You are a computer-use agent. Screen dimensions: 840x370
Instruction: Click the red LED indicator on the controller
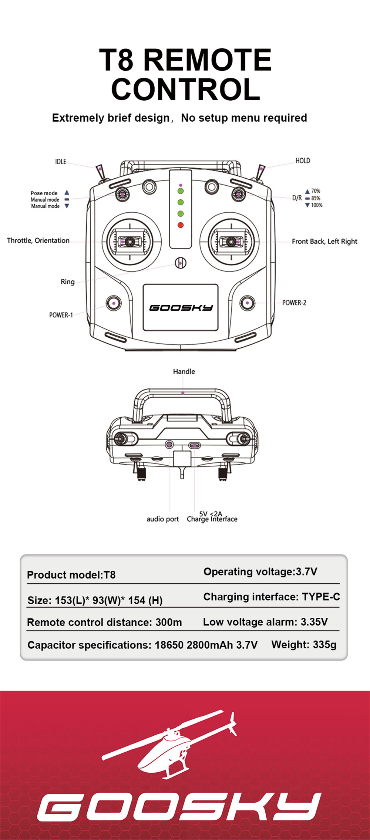pyautogui.click(x=181, y=225)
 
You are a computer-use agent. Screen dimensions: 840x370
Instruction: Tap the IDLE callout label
pyautogui.click(x=61, y=162)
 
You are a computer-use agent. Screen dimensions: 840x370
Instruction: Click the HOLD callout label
pyautogui.click(x=303, y=161)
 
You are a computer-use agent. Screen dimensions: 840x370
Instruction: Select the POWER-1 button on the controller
pyautogui.click(x=114, y=303)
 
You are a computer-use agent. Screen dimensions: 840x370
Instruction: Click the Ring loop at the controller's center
pyautogui.click(x=181, y=263)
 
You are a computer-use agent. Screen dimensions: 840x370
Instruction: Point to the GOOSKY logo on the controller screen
pyautogui.click(x=181, y=307)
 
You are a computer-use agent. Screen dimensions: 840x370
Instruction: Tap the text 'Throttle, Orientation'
pyautogui.click(x=38, y=240)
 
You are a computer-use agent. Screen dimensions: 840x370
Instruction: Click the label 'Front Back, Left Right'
pyautogui.click(x=324, y=242)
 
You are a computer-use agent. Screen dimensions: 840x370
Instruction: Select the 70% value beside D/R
pyautogui.click(x=315, y=191)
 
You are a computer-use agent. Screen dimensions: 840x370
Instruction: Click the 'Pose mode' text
pyautogui.click(x=44, y=193)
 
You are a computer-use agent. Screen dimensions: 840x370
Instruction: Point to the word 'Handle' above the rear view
pyautogui.click(x=184, y=371)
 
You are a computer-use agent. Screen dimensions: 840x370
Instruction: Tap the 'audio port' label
pyautogui.click(x=162, y=519)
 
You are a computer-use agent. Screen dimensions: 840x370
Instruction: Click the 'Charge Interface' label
pyautogui.click(x=212, y=520)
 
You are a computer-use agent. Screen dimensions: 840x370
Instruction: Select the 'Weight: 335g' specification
pyautogui.click(x=304, y=645)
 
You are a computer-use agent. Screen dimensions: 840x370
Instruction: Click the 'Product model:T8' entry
pyautogui.click(x=71, y=575)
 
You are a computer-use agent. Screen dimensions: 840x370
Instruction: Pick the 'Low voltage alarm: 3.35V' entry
pyautogui.click(x=265, y=622)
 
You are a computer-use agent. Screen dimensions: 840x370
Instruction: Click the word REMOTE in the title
pyautogui.click(x=207, y=60)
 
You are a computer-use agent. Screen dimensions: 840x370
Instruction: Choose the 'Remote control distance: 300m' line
pyautogui.click(x=104, y=622)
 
